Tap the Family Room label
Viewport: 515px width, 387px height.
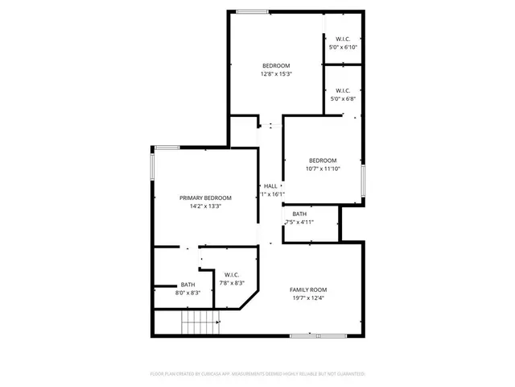(x=308, y=289)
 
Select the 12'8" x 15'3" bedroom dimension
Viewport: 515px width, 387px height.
(x=276, y=74)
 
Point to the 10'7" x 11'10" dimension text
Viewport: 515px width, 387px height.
(x=323, y=169)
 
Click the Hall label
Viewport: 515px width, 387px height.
(x=270, y=186)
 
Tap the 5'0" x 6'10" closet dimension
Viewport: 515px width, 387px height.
(x=343, y=48)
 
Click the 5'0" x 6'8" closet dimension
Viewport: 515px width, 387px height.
(x=343, y=99)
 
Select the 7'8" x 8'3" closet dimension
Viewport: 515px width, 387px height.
(x=232, y=283)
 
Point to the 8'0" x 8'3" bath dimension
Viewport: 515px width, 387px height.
(x=187, y=293)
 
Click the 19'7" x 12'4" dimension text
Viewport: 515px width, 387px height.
(x=308, y=298)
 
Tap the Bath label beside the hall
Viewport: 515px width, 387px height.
(x=299, y=214)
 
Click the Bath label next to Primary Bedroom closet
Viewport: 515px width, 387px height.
(x=187, y=284)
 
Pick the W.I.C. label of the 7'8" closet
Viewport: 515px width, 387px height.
(x=232, y=274)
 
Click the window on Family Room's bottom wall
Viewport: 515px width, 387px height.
(x=318, y=335)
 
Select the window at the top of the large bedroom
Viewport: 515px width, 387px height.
(x=252, y=11)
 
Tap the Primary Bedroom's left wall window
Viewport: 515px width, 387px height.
(x=152, y=165)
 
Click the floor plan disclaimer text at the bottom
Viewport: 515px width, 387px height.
(x=257, y=374)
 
